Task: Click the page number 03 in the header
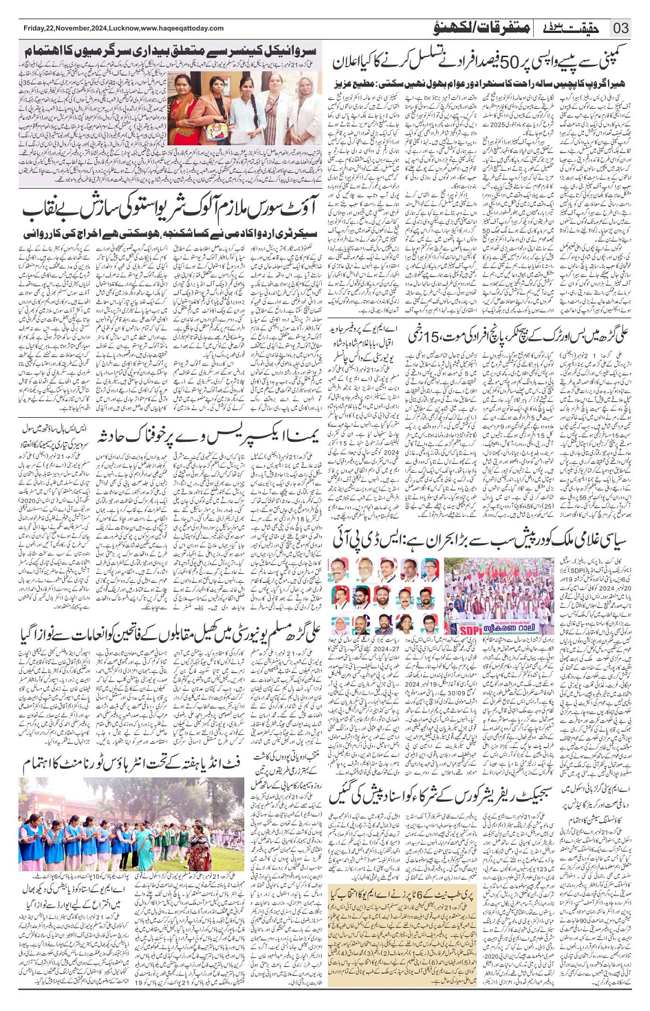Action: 620,28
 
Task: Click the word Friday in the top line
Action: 35,28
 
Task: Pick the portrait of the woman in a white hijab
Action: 340,624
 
